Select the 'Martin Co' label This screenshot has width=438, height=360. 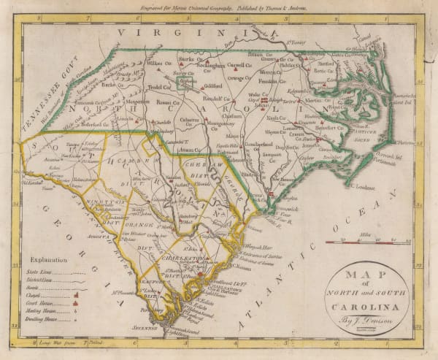point(316,100)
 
